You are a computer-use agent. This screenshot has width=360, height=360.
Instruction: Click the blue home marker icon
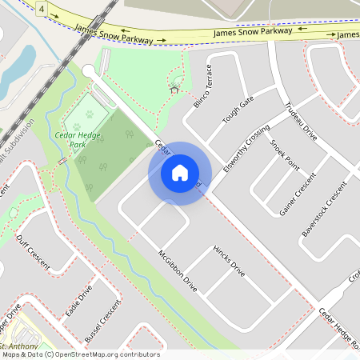180,173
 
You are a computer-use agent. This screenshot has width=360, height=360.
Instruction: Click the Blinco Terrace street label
205,86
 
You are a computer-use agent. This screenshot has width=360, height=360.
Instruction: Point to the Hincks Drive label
228,262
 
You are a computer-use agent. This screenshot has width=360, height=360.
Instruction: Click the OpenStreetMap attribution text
80,354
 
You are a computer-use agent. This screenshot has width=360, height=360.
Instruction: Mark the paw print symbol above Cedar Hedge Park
77,126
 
